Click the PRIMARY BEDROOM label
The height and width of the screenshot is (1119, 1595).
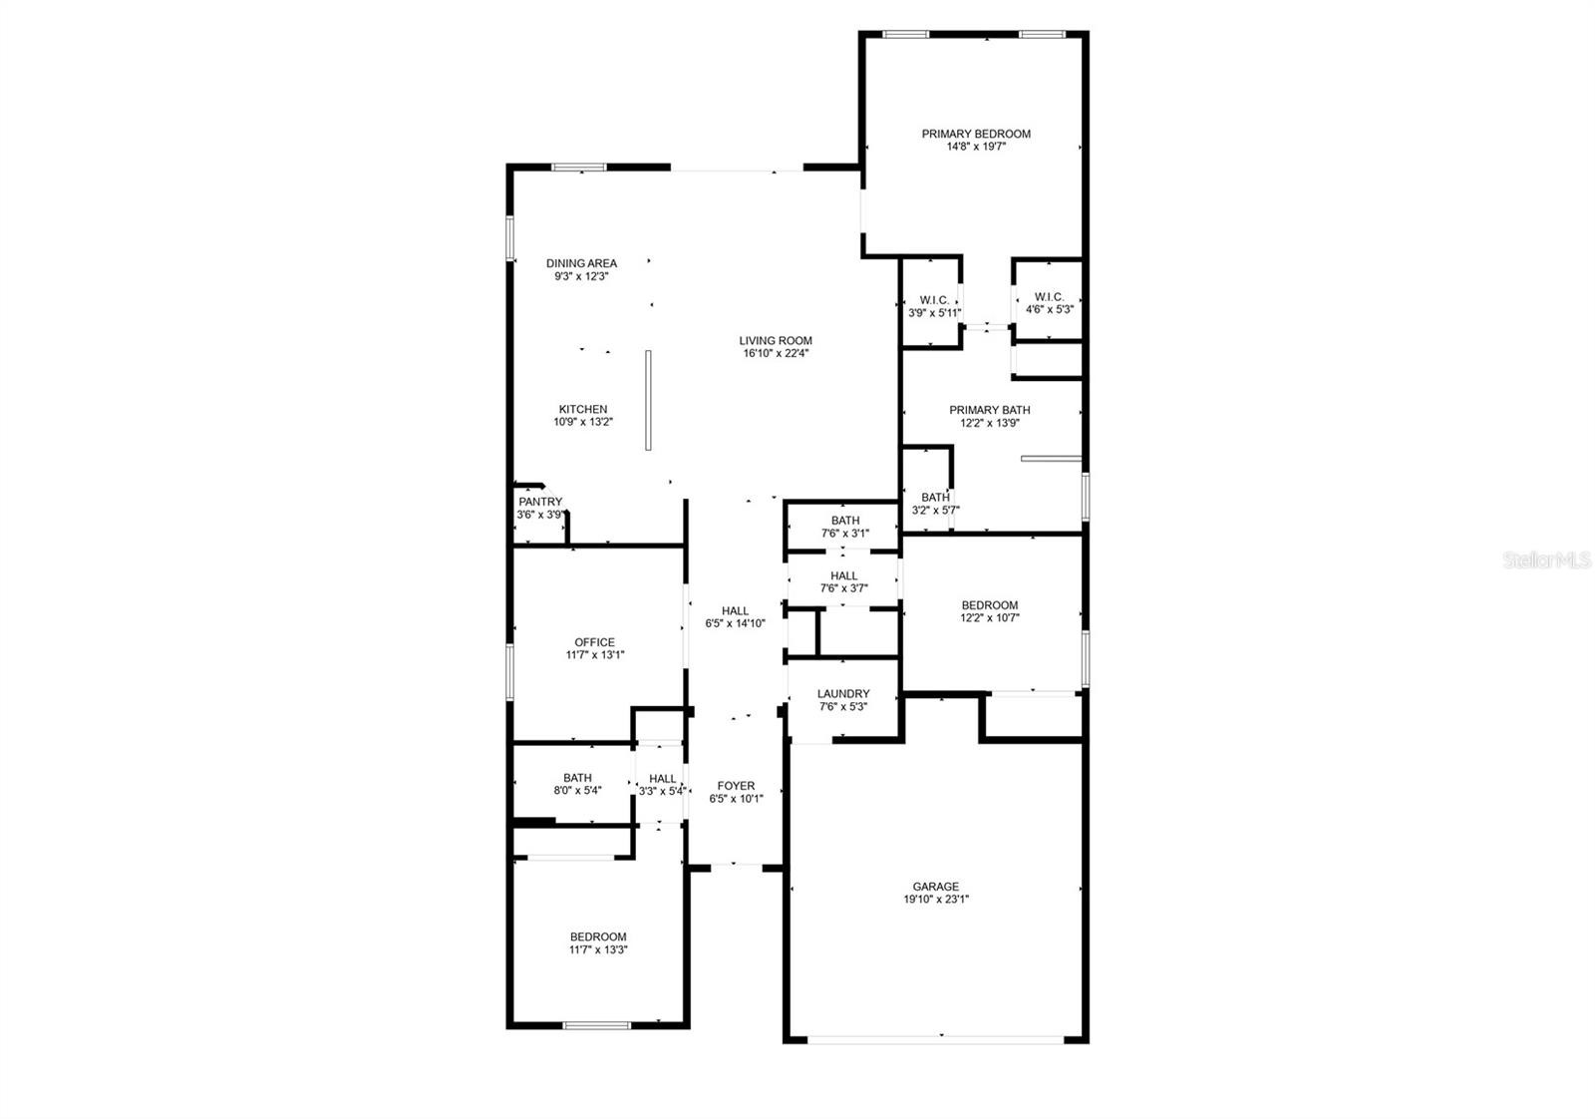pos(976,134)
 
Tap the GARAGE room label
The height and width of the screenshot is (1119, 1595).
pos(936,887)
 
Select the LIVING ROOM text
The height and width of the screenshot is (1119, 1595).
pos(776,341)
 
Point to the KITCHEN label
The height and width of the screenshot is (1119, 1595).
pos(583,410)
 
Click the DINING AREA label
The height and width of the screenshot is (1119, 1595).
pos(582,263)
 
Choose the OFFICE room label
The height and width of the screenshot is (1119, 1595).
pos(594,642)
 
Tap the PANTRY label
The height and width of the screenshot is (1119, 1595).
pos(540,503)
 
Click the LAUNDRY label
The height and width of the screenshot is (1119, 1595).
pos(843,694)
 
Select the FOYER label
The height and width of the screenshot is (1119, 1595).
pos(737,786)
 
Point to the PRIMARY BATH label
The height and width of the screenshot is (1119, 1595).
pos(990,410)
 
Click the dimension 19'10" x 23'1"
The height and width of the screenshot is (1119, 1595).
pos(936,900)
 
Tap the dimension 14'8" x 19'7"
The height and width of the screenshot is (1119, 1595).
pos(976,147)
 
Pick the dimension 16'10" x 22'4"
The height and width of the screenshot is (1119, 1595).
pos(777,353)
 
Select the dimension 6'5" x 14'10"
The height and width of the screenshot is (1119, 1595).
pos(736,624)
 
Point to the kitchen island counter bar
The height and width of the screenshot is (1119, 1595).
pos(648,400)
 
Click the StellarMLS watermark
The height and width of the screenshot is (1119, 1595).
pos(1547,559)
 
